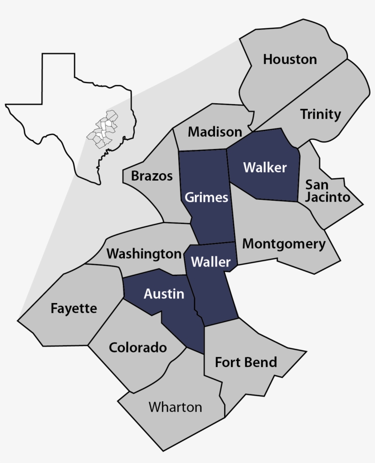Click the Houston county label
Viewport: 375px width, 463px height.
(x=290, y=59)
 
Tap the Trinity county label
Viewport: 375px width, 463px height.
(x=321, y=114)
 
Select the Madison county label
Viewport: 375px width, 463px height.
(x=215, y=132)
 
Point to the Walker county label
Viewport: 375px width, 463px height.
(x=265, y=168)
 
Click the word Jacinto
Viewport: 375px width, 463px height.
(x=328, y=197)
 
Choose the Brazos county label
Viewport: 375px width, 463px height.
(x=152, y=176)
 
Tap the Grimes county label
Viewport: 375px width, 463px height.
(x=206, y=197)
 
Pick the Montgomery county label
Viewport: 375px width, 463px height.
(x=284, y=244)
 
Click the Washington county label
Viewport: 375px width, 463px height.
(x=144, y=254)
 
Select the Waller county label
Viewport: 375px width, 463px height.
(x=211, y=262)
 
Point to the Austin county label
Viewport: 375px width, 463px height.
(x=164, y=294)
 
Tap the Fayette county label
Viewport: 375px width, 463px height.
(x=74, y=309)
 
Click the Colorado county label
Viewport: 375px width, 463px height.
(x=138, y=348)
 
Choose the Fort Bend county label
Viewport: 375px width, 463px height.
(x=246, y=362)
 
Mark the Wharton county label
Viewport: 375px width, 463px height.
(x=175, y=407)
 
